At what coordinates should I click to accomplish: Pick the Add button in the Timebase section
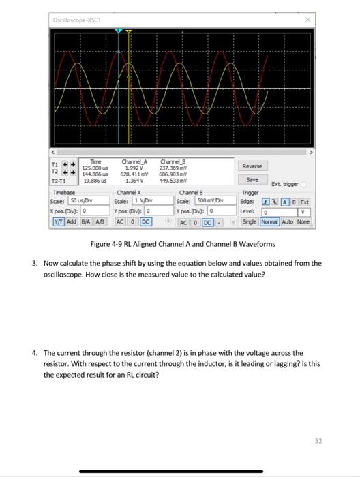click(72, 221)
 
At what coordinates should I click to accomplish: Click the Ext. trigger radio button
click(304, 184)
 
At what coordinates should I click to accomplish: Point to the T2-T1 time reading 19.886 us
click(93, 181)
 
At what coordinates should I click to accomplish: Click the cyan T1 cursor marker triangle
click(119, 31)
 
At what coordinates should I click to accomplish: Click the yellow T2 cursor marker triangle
click(128, 31)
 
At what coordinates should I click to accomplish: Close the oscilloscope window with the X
click(308, 20)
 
